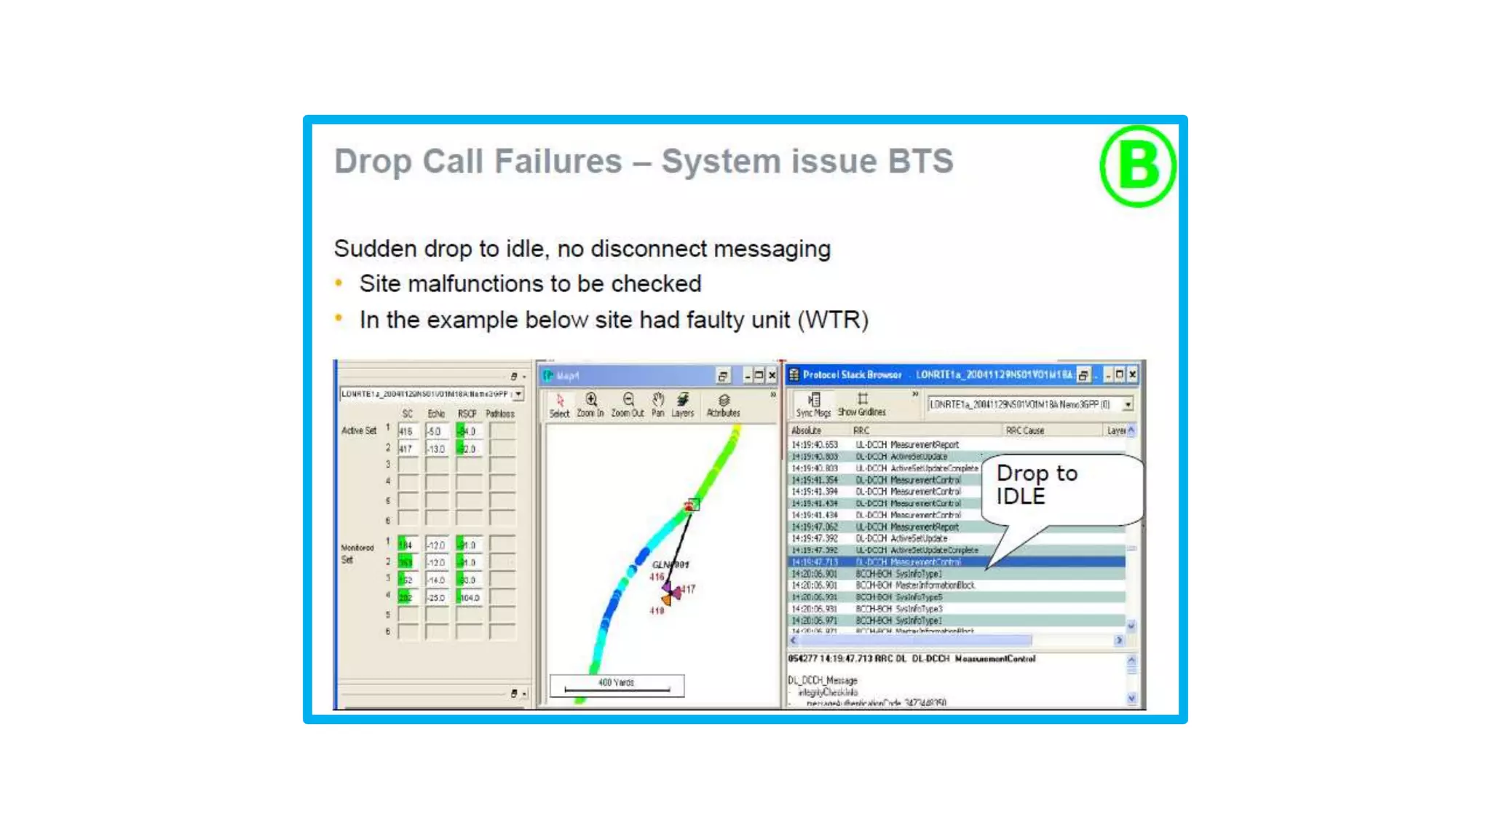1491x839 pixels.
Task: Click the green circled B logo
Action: (x=1137, y=166)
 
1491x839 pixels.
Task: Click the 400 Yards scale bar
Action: (x=617, y=685)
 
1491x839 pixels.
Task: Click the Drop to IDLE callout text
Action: (x=1035, y=484)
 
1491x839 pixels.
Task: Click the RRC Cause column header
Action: (x=1024, y=430)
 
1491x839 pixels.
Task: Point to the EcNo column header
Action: (x=436, y=414)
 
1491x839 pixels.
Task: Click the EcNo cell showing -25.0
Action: (x=437, y=598)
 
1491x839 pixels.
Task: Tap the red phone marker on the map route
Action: (x=689, y=505)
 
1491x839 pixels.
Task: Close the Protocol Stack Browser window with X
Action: (x=1133, y=375)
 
